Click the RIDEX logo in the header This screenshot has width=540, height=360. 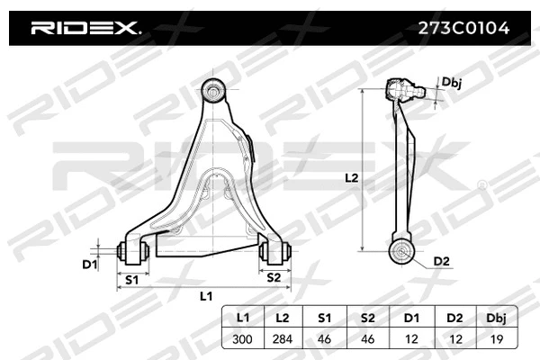[85, 28]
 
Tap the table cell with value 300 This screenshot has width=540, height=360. [243, 339]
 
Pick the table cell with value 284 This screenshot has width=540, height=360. [283, 339]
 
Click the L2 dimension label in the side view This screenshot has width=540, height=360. [352, 178]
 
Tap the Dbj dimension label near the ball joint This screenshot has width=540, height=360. [452, 82]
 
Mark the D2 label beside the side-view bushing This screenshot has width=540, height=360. [441, 261]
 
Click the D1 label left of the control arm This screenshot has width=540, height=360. [89, 264]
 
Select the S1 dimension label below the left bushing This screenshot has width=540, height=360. [132, 280]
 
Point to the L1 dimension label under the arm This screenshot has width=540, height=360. [205, 295]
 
